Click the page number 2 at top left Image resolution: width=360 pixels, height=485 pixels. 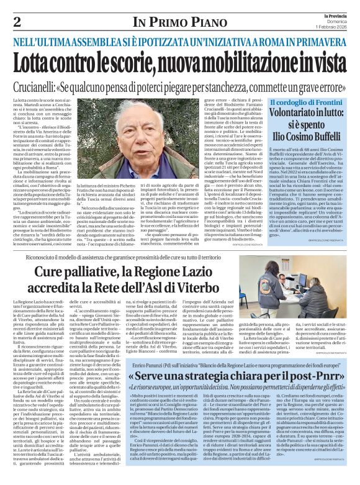tap(17, 22)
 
